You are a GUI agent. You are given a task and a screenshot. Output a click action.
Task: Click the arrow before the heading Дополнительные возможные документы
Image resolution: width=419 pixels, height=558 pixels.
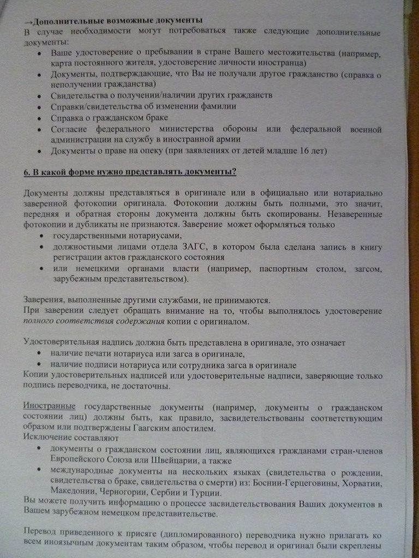pos(28,22)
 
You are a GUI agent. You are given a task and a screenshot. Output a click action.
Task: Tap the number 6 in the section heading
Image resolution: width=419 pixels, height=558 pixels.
pos(26,173)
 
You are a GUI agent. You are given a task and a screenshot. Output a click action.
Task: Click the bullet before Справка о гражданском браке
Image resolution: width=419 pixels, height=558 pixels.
pos(39,118)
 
